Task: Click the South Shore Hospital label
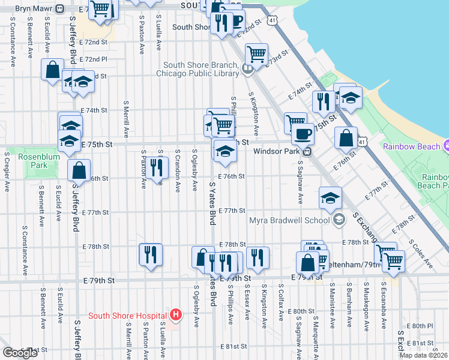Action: tap(127, 316)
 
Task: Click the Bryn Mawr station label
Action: tap(33, 9)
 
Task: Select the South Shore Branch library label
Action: tap(200, 70)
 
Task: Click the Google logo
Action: tap(20, 353)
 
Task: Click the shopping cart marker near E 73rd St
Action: tap(257, 54)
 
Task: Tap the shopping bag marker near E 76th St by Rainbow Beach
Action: tap(346, 137)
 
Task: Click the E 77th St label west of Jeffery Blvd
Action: tap(97, 212)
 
